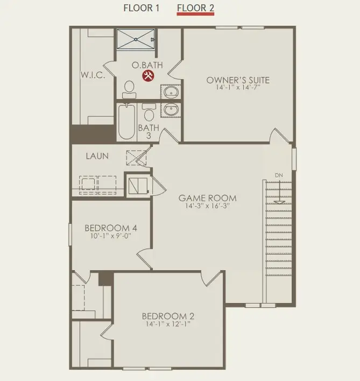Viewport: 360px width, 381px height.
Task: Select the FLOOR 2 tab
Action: [x=195, y=8]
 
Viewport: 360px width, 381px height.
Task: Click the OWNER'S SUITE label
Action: [x=238, y=80]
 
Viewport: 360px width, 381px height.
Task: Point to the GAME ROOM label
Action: [x=208, y=198]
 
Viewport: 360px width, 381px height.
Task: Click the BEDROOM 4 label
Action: [x=111, y=228]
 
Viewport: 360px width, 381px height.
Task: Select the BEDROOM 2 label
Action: [x=168, y=316]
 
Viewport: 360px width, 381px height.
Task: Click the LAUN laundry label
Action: [x=97, y=156]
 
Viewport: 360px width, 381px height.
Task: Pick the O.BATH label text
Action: [x=144, y=65]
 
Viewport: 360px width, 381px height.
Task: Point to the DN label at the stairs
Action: [x=279, y=175]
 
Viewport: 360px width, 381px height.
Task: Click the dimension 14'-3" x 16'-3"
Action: [x=208, y=206]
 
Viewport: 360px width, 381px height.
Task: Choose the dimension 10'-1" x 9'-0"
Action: [x=111, y=236]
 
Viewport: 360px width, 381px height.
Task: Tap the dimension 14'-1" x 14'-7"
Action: [x=238, y=88]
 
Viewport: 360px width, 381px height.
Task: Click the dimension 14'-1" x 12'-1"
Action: [x=168, y=324]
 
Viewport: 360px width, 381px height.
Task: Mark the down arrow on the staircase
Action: [x=279, y=196]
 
